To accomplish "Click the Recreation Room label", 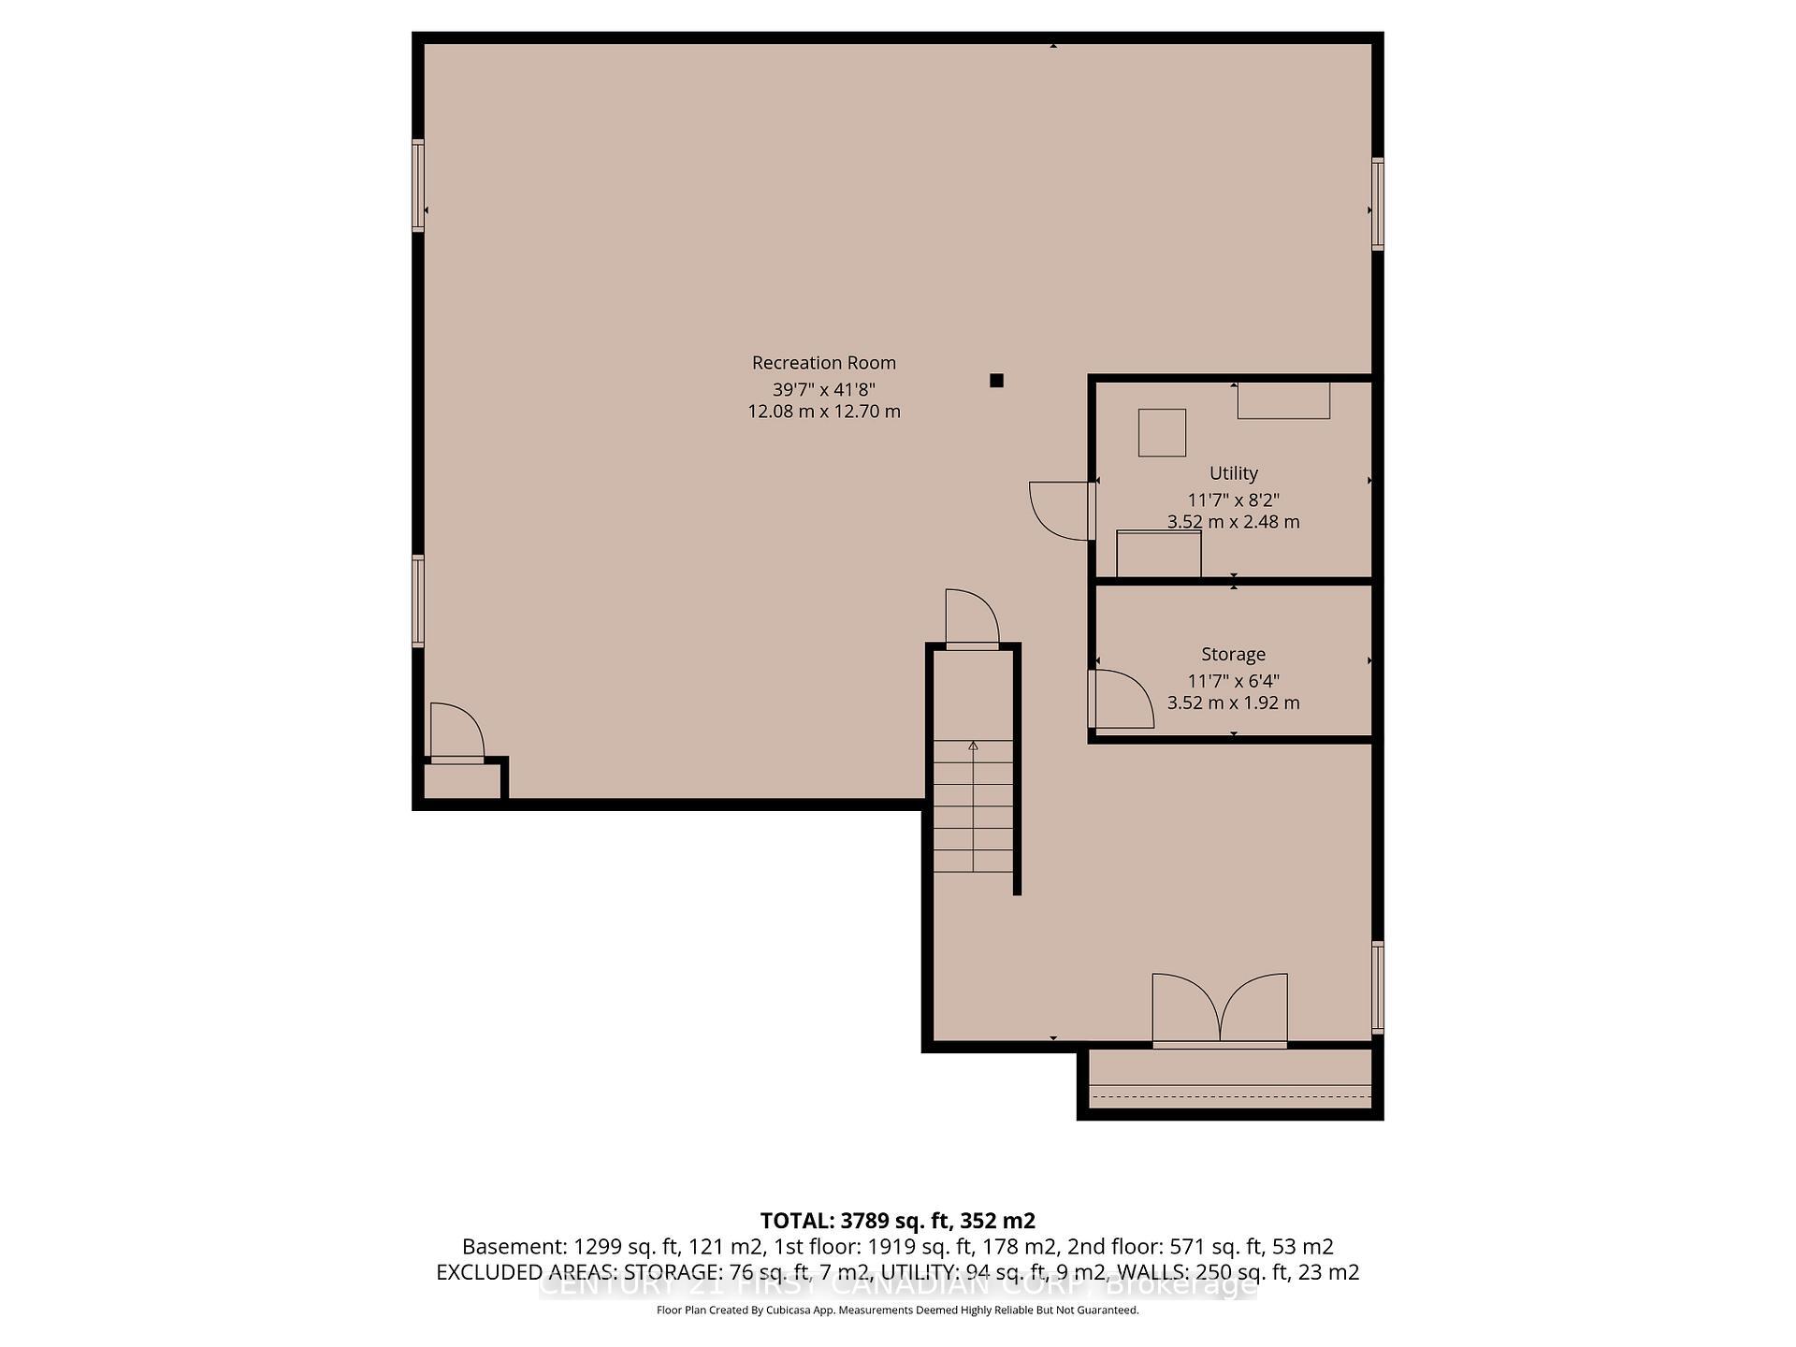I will coord(823,363).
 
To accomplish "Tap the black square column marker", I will coord(996,380).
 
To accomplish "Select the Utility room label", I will coord(1233,473).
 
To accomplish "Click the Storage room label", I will coord(1233,655).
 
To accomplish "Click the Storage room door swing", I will coord(1122,699).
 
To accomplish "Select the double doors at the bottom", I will coord(1220,1008).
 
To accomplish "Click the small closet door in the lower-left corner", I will coord(456,733).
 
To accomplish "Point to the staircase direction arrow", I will coord(973,746).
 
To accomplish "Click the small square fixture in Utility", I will coord(1162,432).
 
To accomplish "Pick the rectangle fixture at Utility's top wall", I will coord(1283,400).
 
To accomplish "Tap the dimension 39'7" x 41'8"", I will coord(823,389).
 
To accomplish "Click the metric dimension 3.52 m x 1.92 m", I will coord(1233,702).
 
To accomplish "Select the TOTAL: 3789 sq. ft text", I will coord(897,1221).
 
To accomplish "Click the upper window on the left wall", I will coord(418,185).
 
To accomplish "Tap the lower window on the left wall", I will coord(418,601).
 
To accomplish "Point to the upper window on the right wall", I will coord(1378,204).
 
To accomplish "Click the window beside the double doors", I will coord(1378,987).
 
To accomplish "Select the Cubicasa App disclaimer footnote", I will coord(897,1311).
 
